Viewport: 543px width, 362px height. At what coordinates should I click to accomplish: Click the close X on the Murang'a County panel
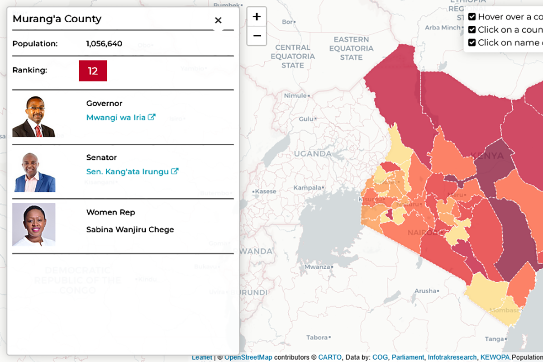pos(218,20)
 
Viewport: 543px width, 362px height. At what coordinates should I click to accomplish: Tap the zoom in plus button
pos(257,17)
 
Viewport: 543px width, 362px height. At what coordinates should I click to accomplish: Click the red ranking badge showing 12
pos(93,71)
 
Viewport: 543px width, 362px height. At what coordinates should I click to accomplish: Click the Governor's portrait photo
pos(33,116)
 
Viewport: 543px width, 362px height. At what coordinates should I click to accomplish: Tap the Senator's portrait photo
pos(33,172)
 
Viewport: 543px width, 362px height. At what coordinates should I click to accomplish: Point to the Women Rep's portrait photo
pos(33,225)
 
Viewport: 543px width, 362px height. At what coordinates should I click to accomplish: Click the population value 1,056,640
pos(104,44)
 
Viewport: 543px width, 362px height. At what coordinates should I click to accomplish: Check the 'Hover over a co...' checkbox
pos(472,17)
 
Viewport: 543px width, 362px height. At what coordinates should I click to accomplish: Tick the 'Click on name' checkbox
pos(472,43)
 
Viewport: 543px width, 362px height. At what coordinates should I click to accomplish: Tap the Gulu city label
pos(306,119)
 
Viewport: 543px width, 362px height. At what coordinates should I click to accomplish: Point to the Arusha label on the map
pos(425,291)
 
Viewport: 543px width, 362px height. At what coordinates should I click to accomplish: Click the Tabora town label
pos(317,338)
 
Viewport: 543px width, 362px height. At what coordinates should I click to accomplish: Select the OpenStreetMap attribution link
pos(248,357)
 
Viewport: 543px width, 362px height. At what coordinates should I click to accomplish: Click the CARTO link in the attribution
pos(329,357)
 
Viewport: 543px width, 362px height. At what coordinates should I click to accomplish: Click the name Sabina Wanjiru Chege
pos(130,230)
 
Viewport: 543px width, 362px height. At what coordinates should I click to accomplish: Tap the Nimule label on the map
pos(295,95)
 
